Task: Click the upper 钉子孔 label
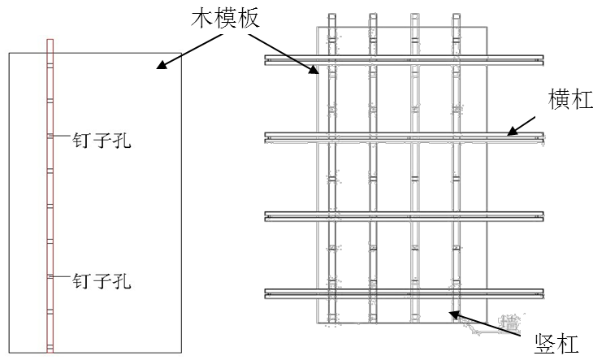[x=102, y=141]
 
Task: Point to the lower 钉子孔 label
[x=102, y=282]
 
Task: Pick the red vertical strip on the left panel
[x=50, y=195]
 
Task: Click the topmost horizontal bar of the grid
[x=404, y=60]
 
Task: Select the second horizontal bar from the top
[x=404, y=137]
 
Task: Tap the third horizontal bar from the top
[x=404, y=215]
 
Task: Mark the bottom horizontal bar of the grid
[x=404, y=293]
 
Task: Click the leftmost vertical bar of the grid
[x=331, y=175]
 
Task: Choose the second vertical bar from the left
[x=372, y=175]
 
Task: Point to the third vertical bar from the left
[x=414, y=175]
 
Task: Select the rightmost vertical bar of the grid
[x=456, y=175]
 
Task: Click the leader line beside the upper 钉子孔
[x=61, y=137]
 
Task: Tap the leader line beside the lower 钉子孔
[x=61, y=277]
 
